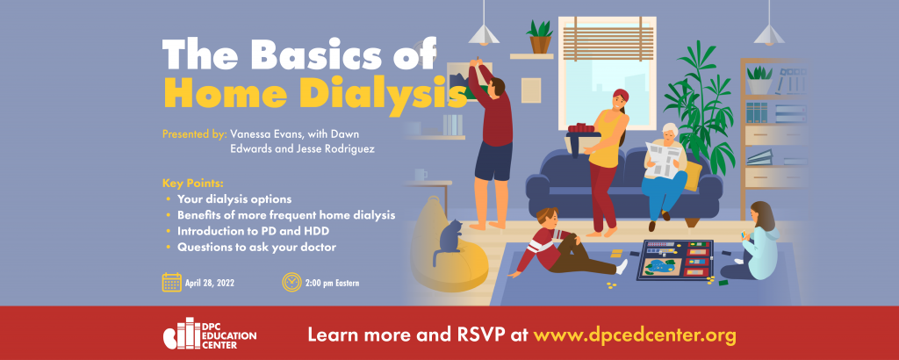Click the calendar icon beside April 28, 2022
click(171, 282)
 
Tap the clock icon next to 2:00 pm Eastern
click(291, 282)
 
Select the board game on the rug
click(675, 260)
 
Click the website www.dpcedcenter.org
click(634, 335)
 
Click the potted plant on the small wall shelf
click(539, 36)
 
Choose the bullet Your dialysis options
click(234, 199)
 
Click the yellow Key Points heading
click(192, 184)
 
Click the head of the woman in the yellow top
click(621, 101)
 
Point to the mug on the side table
click(421, 174)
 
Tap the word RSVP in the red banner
click(482, 335)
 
